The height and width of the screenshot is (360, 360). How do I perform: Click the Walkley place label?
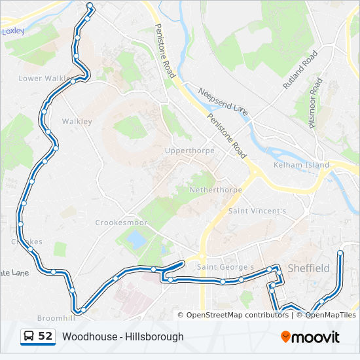(77, 121)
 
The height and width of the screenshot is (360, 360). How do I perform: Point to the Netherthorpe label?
(215, 190)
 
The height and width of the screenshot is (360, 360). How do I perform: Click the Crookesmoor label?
(121, 223)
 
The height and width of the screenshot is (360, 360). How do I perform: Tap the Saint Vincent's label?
(257, 211)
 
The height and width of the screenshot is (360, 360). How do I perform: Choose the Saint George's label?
(225, 267)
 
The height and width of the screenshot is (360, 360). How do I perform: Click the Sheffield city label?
(309, 268)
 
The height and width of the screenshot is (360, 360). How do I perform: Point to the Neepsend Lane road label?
(223, 102)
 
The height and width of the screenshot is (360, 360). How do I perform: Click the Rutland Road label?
(300, 69)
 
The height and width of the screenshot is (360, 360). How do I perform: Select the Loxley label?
(13, 31)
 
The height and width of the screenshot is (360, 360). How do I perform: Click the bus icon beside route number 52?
(29, 336)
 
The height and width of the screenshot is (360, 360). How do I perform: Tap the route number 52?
(45, 336)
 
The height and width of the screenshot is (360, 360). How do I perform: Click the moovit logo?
(310, 337)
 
